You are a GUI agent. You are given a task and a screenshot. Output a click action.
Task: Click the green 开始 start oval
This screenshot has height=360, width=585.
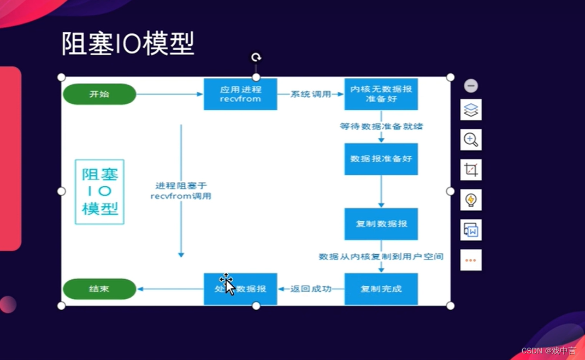tap(99, 94)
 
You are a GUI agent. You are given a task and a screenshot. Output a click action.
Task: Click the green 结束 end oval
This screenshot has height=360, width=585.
tap(99, 289)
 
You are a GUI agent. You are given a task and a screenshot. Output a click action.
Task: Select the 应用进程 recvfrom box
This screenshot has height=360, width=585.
tap(240, 94)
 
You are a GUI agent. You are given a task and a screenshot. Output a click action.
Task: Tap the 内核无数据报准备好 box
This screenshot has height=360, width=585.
tap(381, 94)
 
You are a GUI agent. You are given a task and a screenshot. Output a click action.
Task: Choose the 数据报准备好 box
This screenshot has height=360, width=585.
tap(381, 159)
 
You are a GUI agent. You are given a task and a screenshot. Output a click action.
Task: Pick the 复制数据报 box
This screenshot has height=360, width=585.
tap(381, 224)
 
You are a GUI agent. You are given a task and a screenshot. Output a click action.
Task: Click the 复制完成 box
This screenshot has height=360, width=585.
tap(381, 289)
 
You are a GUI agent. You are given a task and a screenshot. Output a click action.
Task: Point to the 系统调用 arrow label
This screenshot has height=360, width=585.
tap(310, 94)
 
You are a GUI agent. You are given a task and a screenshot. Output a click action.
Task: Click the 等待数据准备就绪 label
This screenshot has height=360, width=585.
tap(381, 126)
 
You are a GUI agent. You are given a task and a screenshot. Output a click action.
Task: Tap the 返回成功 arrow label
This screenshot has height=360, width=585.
tap(310, 289)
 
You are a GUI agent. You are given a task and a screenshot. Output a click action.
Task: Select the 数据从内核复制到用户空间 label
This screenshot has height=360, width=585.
tap(381, 256)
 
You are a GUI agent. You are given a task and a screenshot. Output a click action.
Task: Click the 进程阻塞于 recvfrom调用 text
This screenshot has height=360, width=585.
tap(181, 191)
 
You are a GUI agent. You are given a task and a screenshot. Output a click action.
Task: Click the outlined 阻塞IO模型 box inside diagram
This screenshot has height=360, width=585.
tap(99, 192)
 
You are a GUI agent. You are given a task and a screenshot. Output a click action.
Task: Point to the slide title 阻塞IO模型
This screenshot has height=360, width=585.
tap(128, 44)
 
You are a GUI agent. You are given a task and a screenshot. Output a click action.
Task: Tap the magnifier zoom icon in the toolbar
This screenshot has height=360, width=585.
tap(471, 140)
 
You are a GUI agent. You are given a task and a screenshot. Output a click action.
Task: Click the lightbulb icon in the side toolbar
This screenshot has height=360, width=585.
tap(471, 200)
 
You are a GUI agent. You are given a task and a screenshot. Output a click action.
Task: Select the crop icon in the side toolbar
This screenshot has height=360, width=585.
tap(471, 170)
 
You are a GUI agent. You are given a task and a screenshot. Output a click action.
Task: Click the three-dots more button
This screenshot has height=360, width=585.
tap(471, 260)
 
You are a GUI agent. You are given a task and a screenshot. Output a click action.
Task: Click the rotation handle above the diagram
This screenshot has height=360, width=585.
tap(256, 57)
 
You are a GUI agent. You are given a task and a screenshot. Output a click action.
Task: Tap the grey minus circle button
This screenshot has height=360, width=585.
tap(471, 86)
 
